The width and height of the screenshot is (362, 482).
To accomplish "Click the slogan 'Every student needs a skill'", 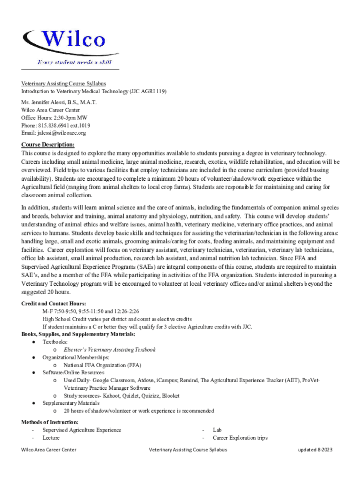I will pos(75,62).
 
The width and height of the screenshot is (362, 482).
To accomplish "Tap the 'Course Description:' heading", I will pos(47,145).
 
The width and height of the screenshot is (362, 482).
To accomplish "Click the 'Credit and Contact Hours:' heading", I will pos(54,304).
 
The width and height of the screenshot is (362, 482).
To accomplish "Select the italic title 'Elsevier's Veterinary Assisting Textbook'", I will pos(110,350).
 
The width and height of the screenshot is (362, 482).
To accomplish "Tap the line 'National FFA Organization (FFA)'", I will pos(102,365).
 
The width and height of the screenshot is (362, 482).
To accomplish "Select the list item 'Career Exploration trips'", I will pos(240,438).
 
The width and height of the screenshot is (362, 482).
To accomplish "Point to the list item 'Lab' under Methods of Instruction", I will pos(217,430).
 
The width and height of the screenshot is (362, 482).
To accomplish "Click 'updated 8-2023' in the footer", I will pos(315,450).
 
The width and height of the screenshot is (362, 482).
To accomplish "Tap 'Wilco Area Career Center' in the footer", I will pos(49,450).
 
